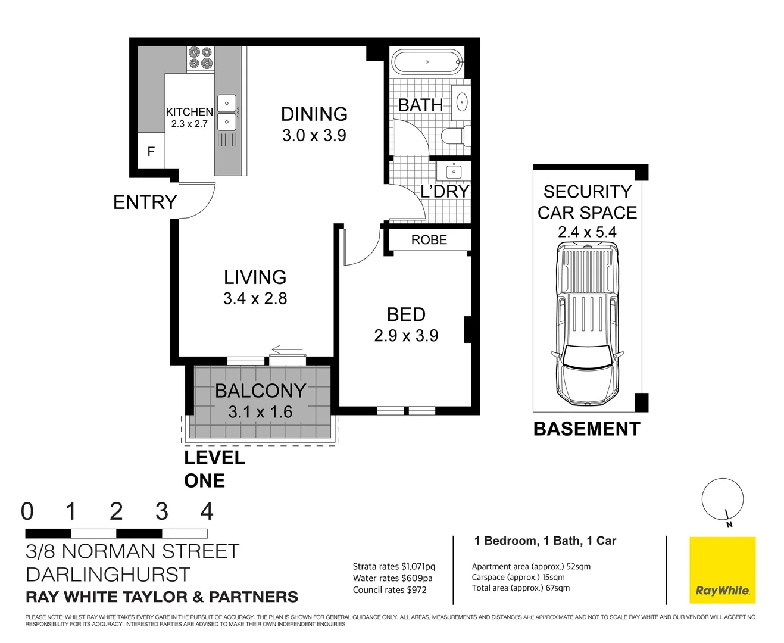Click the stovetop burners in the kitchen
[201, 58]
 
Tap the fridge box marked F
[151, 152]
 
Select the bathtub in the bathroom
[426, 61]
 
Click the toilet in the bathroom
[457, 136]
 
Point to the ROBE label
[429, 240]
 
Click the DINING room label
[314, 114]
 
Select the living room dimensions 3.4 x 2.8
[255, 298]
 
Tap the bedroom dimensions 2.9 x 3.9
[406, 336]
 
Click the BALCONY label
[260, 391]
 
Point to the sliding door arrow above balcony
[287, 349]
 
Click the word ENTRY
[145, 202]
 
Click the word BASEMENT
[586, 429]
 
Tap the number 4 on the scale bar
[207, 511]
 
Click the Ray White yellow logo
[722, 570]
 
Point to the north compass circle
[722, 499]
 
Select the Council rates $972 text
[389, 589]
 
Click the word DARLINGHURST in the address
[108, 575]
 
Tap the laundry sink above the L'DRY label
[454, 171]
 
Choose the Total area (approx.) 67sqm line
[520, 588]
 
